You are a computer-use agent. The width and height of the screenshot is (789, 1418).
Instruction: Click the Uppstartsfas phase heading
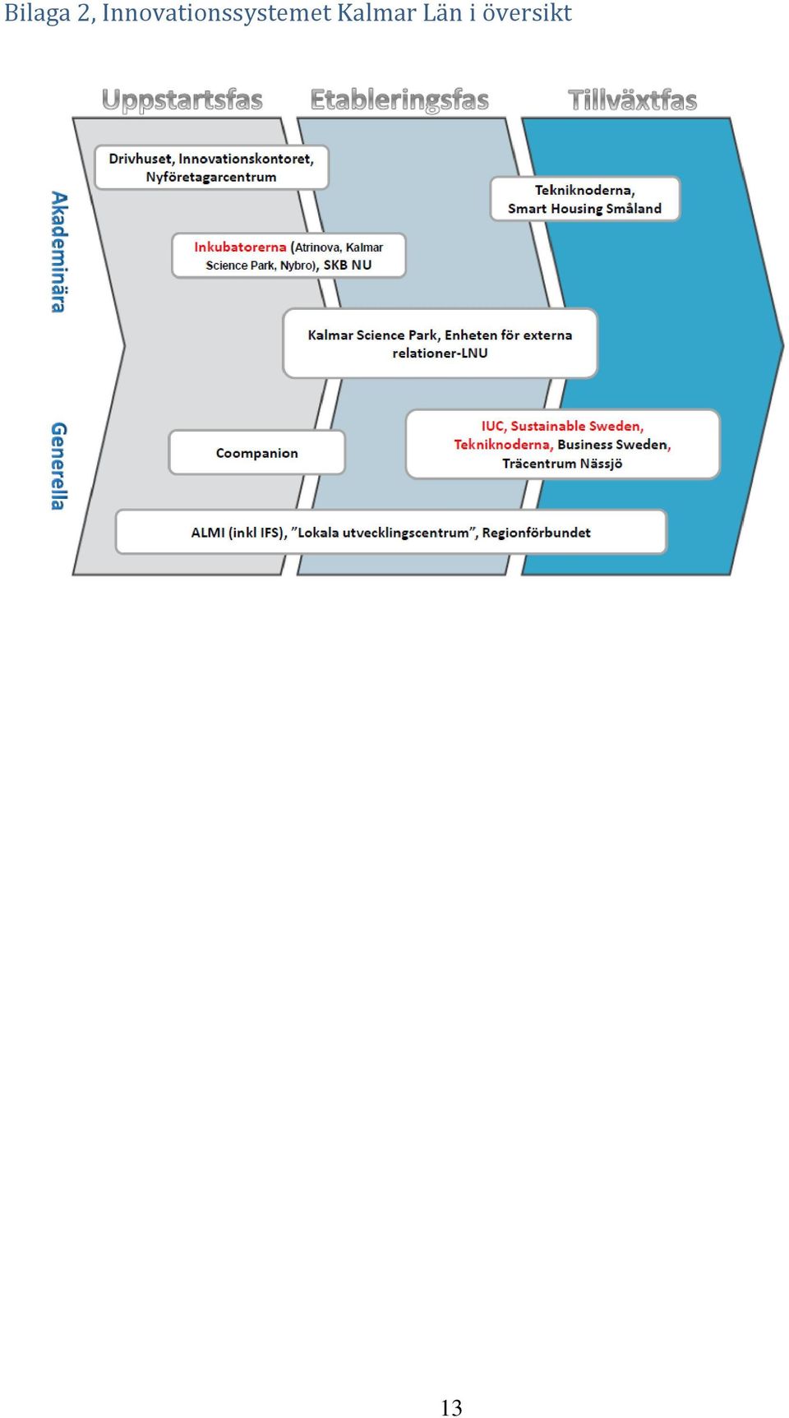point(182,100)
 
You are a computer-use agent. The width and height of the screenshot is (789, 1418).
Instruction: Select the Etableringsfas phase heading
point(399,100)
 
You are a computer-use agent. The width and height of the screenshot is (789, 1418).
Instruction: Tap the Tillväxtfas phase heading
point(633,100)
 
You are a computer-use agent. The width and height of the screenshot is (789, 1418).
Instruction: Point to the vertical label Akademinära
point(58,252)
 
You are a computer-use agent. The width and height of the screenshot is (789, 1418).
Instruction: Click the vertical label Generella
point(58,466)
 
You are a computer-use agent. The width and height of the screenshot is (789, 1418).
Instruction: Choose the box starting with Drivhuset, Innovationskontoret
point(212,168)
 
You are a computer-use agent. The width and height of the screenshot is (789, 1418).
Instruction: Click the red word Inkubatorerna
point(240,247)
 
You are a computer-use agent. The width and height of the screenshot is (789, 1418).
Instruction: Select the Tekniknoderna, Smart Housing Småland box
point(585,199)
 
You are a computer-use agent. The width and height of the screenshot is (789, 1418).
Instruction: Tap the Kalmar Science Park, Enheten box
point(440,344)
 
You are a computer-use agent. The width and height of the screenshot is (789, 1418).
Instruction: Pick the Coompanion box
point(257,453)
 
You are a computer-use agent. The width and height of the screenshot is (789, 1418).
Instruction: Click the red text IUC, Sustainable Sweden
point(562,426)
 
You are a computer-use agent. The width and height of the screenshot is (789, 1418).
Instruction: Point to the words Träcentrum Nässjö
point(562,464)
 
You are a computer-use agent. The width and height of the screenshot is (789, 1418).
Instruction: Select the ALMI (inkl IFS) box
point(391,533)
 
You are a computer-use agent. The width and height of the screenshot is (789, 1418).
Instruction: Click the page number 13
point(451,1407)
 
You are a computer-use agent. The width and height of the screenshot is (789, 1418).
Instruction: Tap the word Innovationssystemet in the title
point(217,14)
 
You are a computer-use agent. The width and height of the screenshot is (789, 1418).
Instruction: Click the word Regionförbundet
point(537,533)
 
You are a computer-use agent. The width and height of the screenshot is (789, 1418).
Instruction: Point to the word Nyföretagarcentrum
point(211,177)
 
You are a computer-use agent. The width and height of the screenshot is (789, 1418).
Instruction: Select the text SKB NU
point(348,265)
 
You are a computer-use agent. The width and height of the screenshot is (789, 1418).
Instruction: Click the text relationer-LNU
point(440,353)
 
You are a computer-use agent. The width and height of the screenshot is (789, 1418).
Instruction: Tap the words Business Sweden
point(612,445)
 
